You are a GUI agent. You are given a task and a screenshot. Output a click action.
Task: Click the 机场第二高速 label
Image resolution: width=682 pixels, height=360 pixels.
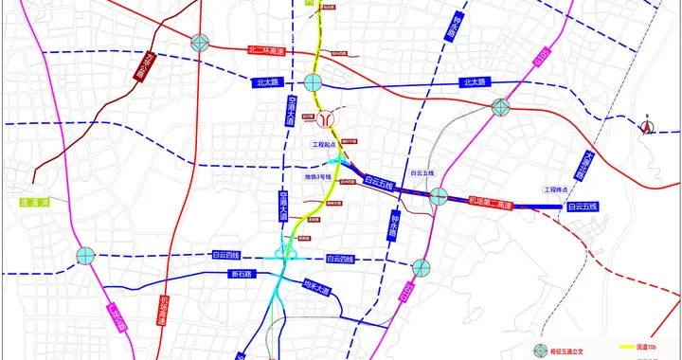(x=490, y=204)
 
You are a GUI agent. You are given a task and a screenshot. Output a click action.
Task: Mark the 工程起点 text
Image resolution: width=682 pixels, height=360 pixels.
(x=325, y=145)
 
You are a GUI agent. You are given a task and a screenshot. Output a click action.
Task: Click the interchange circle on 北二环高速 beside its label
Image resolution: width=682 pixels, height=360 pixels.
(x=200, y=42)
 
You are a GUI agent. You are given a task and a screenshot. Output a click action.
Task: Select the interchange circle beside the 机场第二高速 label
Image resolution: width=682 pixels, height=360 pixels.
(x=438, y=197)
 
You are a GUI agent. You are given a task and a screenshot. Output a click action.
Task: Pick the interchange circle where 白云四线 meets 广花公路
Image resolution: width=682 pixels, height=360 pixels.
(x=86, y=255)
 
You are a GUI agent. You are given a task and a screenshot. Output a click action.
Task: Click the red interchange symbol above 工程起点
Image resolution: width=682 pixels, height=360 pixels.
(x=326, y=121)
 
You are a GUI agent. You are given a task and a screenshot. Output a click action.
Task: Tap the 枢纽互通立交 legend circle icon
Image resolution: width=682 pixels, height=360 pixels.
(x=541, y=350)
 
